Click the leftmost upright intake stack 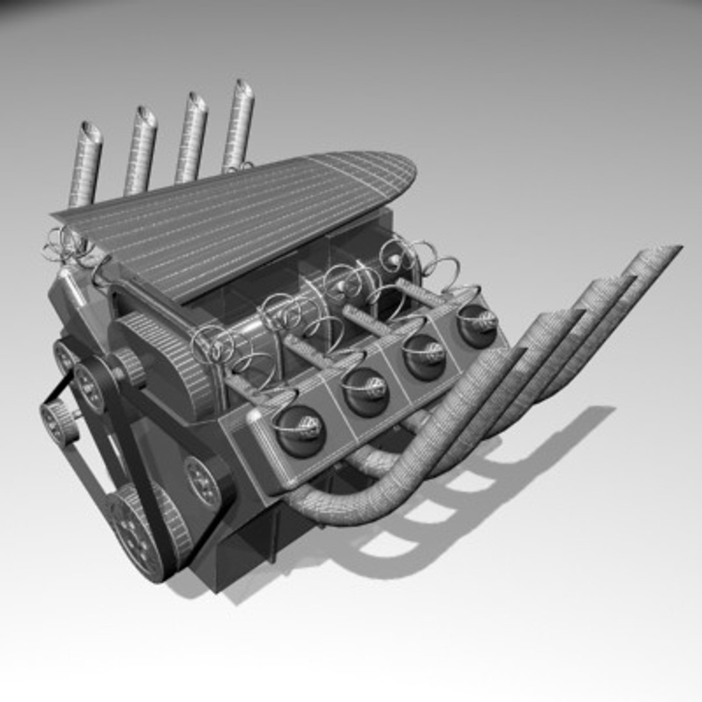click(x=85, y=162)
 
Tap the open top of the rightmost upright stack click(x=244, y=89)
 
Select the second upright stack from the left click(x=140, y=149)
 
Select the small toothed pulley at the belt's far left click(x=59, y=422)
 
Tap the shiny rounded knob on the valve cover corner click(x=255, y=416)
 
